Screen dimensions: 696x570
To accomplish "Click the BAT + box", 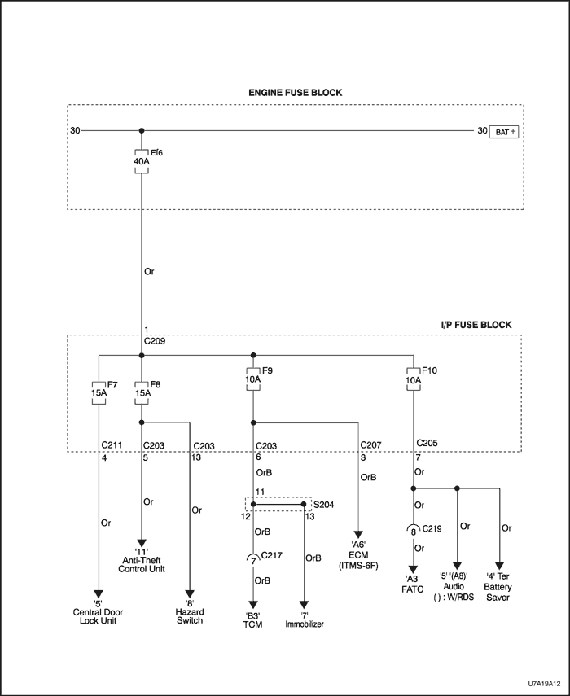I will coord(502,130).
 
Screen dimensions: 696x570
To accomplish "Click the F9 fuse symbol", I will coord(253,378).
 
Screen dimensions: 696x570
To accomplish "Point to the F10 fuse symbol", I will coord(414,378).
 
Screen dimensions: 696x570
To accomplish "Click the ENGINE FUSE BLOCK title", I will coord(295,93).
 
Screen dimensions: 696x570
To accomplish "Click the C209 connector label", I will coord(155,341).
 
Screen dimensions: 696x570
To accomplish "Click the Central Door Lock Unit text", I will coord(98,615).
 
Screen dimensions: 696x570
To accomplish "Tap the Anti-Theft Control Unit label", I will coord(142,563).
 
